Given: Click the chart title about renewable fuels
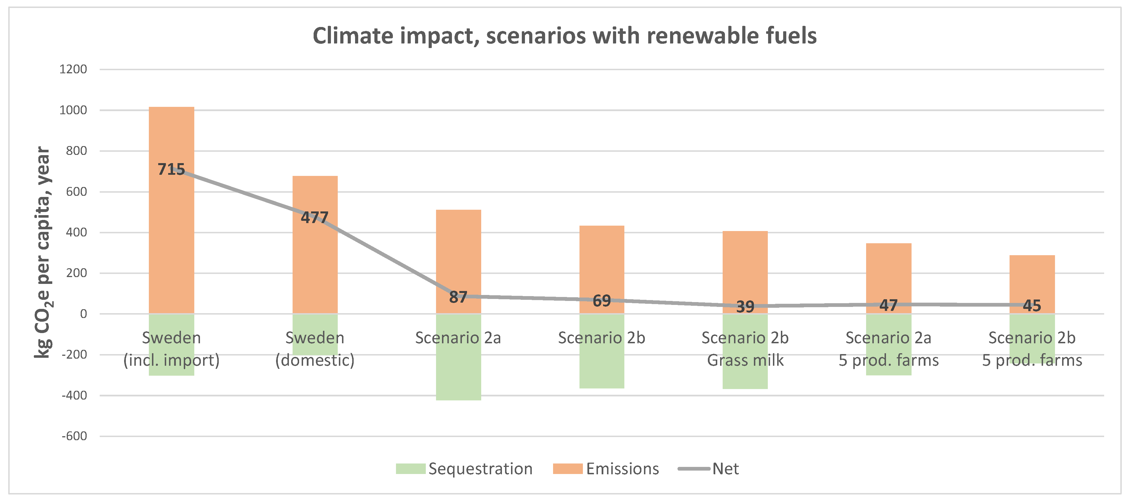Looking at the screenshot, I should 564,36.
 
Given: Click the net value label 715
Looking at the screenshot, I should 171,169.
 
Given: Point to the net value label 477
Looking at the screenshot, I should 314,217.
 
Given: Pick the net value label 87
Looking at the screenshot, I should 458,297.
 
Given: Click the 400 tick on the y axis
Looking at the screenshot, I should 76,232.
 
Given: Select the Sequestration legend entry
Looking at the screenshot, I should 464,469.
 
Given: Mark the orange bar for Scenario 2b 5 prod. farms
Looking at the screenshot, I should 1032,280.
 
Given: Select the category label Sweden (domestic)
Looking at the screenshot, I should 314,349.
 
